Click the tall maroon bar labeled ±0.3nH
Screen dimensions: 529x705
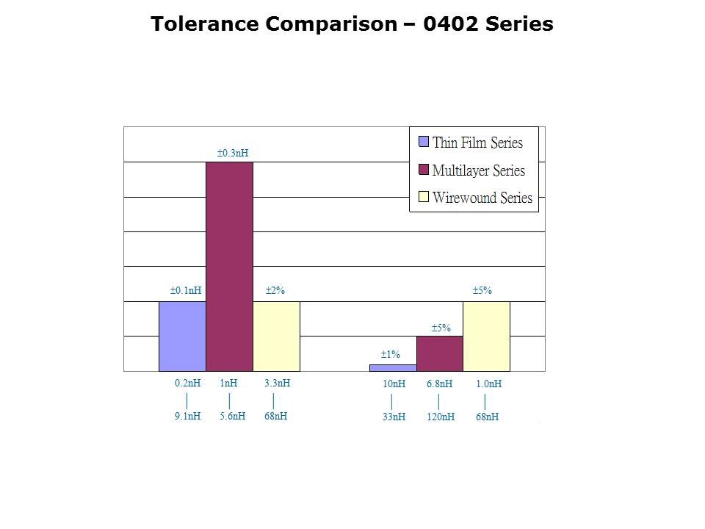point(229,266)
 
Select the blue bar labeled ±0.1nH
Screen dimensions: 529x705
point(182,336)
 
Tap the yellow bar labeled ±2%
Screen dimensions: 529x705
point(276,336)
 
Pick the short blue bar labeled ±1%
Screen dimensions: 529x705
point(393,367)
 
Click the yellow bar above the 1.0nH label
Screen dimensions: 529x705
point(486,336)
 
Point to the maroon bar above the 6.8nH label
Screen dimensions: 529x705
point(439,353)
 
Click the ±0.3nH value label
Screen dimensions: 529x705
point(233,153)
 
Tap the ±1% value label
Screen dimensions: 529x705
point(390,354)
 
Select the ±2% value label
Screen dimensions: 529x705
point(275,291)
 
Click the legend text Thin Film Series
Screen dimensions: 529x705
point(477,143)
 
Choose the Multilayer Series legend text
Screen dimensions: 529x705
point(479,170)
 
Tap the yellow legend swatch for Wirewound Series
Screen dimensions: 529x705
point(424,197)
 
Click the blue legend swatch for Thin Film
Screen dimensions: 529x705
point(424,142)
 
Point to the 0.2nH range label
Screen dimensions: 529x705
point(188,383)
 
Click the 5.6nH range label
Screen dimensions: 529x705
point(232,416)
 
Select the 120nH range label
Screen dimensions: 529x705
point(441,417)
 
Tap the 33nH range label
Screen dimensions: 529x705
point(394,417)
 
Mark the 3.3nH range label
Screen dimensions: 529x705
point(277,383)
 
